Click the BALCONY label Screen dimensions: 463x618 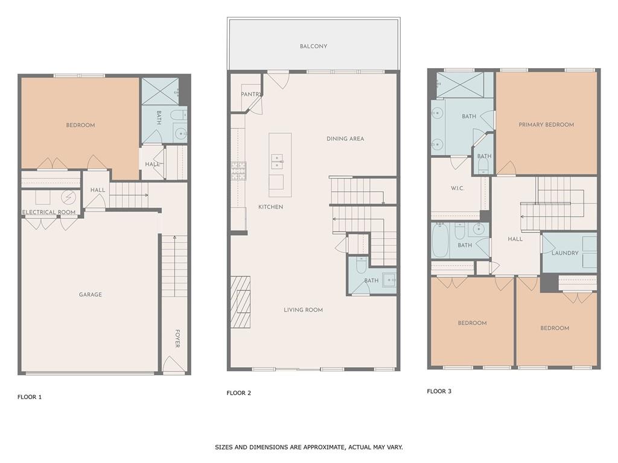tap(313, 46)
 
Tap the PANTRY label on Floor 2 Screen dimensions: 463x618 tap(250, 95)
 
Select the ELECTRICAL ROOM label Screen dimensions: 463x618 tap(49, 212)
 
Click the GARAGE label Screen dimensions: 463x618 tap(90, 295)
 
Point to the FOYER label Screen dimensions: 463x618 tap(177, 338)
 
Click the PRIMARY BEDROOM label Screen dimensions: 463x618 tap(546, 125)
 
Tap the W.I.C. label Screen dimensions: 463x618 tap(457, 189)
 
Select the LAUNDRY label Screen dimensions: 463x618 tap(565, 253)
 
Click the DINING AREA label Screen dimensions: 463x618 tap(345, 139)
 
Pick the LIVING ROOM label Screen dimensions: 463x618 tap(303, 310)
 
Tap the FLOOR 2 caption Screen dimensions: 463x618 tap(239, 393)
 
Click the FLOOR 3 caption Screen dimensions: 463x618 tap(439, 391)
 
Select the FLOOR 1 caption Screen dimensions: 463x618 tap(30, 397)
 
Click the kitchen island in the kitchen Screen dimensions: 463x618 tap(280, 165)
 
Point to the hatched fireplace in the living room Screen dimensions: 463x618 tap(240, 301)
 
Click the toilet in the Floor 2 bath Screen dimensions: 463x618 tap(362, 265)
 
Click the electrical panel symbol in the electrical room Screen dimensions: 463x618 tap(68, 197)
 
